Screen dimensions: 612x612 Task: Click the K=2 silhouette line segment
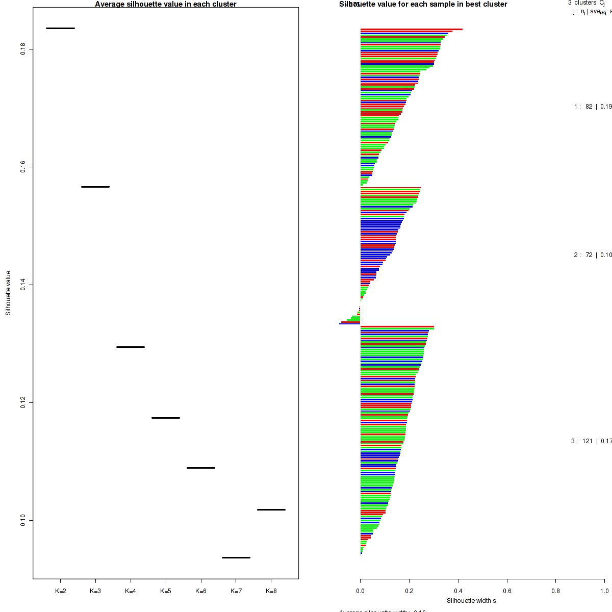[60, 28]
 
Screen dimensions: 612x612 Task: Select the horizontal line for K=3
[95, 187]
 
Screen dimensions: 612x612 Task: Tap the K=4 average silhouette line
[131, 347]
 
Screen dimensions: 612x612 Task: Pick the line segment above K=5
[166, 418]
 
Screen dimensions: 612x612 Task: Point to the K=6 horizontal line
[201, 468]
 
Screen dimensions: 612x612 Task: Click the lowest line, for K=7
[236, 557]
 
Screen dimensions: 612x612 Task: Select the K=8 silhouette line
[271, 509]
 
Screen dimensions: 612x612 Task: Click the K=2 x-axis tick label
[60, 591]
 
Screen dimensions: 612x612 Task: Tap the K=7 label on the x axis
[236, 591]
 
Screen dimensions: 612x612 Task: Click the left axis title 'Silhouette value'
[8, 293]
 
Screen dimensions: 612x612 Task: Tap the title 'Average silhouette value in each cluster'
[166, 4]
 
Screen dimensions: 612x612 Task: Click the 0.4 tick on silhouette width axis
[458, 591]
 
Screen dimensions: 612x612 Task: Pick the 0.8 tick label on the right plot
[555, 591]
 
